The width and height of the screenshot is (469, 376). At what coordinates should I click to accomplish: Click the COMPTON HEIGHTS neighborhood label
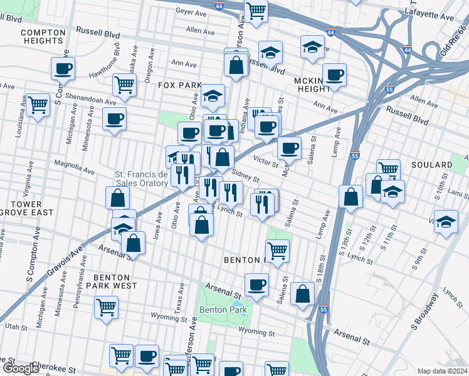[x=43, y=36]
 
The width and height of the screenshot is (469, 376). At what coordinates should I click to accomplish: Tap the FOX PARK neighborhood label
[x=179, y=85]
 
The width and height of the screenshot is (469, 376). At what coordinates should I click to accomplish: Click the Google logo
[x=21, y=368]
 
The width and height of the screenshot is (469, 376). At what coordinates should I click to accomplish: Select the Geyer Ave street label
[x=191, y=12]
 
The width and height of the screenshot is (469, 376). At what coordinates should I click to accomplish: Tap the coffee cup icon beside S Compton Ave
[x=63, y=69]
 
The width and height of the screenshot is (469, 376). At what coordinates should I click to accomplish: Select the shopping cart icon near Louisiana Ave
[x=38, y=105]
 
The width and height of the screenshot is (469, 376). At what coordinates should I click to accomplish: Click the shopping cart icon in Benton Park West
[x=106, y=307]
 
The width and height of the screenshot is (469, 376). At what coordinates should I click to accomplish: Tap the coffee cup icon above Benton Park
[x=256, y=285]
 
